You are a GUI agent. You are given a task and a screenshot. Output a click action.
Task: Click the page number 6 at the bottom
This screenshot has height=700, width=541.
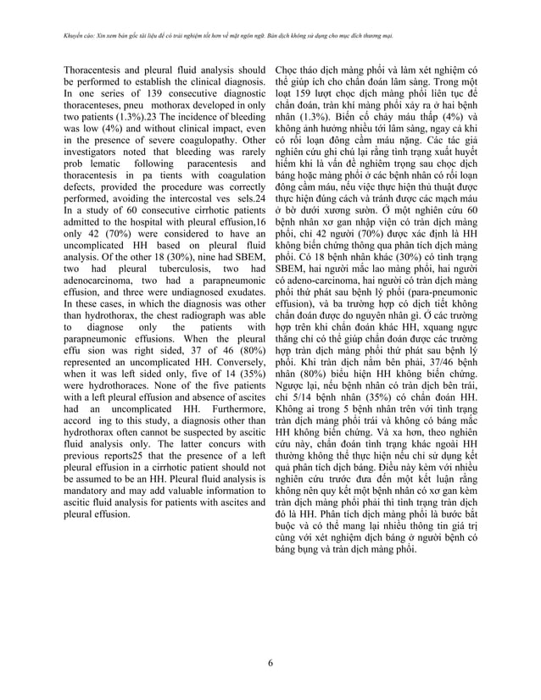coord(270,664)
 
